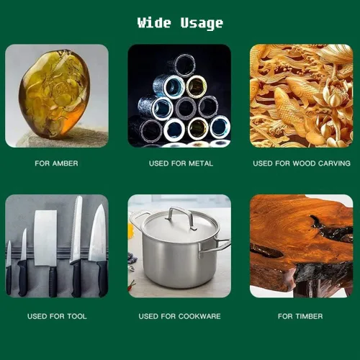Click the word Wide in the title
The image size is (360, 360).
154,22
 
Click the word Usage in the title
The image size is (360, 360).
202,24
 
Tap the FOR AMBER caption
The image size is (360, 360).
56,163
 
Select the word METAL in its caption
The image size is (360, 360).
201,163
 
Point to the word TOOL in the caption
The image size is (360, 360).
77,316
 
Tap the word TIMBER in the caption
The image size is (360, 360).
309,316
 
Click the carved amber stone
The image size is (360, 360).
55,94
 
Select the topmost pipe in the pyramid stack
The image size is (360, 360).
184,65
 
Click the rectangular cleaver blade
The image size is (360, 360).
45,238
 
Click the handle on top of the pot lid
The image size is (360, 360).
180,216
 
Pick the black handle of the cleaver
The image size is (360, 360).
53,282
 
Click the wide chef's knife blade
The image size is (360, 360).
98,233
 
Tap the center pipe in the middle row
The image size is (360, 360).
186,108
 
